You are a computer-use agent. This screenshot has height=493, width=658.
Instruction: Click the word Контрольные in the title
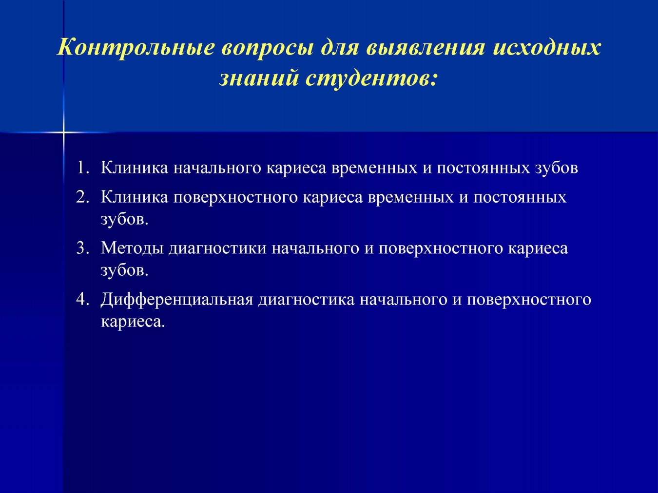[x=135, y=48]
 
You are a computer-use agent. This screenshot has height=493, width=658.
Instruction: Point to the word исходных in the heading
[x=547, y=48]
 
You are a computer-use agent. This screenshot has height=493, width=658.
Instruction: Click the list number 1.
[x=83, y=168]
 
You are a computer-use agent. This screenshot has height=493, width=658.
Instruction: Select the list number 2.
[x=83, y=197]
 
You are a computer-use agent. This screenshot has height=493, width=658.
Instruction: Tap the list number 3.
[x=83, y=248]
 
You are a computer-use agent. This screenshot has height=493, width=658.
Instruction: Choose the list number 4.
[x=83, y=299]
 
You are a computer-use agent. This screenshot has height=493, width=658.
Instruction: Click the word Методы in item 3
[x=132, y=248]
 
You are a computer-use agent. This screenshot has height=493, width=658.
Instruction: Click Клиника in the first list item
[x=135, y=168]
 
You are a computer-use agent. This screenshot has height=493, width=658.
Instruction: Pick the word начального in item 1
[x=218, y=168]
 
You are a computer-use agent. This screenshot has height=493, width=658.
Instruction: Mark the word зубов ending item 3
[x=125, y=270]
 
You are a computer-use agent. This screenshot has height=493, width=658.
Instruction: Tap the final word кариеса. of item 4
[x=133, y=322]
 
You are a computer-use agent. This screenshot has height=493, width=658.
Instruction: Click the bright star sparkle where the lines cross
[x=63, y=132]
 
